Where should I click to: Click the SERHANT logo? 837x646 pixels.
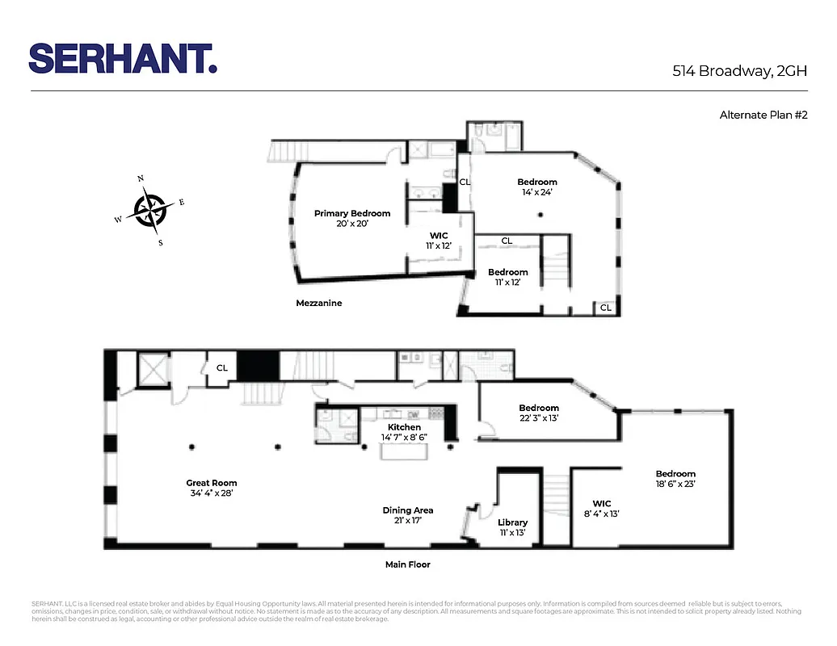[x=123, y=59]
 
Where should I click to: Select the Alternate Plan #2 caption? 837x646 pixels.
[x=763, y=115]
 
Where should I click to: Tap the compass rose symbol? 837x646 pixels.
[x=149, y=210]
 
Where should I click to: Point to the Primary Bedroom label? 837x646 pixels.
[x=352, y=213]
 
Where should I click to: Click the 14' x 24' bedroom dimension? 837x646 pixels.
[x=537, y=192]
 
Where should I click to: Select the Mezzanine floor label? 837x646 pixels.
[x=318, y=303]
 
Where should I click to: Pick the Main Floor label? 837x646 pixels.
[x=407, y=564]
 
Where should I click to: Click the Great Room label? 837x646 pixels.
[x=212, y=483]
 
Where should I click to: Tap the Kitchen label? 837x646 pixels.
[x=404, y=427]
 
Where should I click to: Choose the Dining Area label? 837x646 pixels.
[x=407, y=510]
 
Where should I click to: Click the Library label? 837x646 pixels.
[x=513, y=522]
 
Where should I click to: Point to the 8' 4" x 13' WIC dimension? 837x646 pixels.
[x=602, y=514]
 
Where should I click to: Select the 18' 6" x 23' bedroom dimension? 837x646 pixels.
[x=675, y=484]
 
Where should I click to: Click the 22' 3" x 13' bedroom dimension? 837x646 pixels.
[x=539, y=418]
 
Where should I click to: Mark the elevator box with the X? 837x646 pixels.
[x=152, y=369]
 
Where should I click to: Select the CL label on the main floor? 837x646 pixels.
[x=221, y=368]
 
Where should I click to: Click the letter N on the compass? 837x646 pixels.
[x=141, y=179]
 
